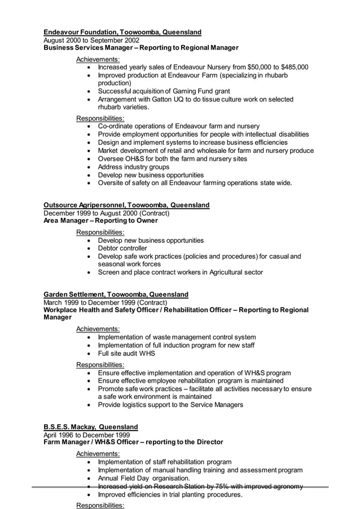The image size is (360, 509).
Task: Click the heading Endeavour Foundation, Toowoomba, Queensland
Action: tap(122, 32)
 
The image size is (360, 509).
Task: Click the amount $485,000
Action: tap(291, 67)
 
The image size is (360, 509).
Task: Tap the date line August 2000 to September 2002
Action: tap(91, 40)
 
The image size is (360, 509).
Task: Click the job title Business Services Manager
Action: tap(90, 48)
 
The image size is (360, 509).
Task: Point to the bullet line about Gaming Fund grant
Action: tap(164, 91)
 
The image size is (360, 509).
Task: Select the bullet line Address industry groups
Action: tap(134, 167)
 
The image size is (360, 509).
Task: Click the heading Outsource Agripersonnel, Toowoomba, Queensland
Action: tap(126, 205)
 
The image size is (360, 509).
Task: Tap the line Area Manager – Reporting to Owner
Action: tap(100, 221)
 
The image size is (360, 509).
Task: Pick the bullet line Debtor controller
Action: tap(122, 248)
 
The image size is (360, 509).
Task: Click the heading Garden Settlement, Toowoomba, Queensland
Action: tap(116, 295)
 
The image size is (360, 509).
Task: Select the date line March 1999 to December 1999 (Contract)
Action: tap(105, 302)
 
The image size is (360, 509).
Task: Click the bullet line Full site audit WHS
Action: tap(126, 354)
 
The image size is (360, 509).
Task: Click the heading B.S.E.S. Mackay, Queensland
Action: tap(90, 427)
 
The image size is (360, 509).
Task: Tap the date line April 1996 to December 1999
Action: tap(86, 435)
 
